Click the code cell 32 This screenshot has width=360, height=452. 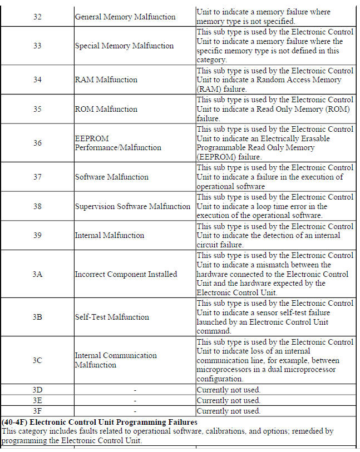tap(37, 17)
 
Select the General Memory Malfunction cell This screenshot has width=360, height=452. tap(125, 17)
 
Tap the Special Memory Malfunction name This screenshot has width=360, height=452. tap(124, 46)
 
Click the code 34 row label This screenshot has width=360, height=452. tap(37, 80)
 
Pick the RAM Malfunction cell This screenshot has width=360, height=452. tap(106, 80)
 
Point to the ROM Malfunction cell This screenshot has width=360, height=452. tap(106, 109)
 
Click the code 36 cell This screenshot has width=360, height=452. tap(37, 143)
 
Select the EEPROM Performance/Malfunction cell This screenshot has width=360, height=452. tap(118, 143)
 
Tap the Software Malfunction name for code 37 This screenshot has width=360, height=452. tap(111, 177)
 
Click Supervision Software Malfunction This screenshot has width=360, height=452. tap(132, 206)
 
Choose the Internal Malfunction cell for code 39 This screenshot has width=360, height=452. tap(109, 235)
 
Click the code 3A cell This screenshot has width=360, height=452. tap(37, 274)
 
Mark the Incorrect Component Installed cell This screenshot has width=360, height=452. tap(126, 274)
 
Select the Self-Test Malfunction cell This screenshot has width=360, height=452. tap(112, 317)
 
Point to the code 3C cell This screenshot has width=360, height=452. tap(37, 360)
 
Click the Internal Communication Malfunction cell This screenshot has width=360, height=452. tap(116, 360)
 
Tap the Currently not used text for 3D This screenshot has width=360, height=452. tap(228, 390)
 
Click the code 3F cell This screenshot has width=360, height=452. tap(37, 411)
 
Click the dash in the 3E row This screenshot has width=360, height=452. tap(135, 400)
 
